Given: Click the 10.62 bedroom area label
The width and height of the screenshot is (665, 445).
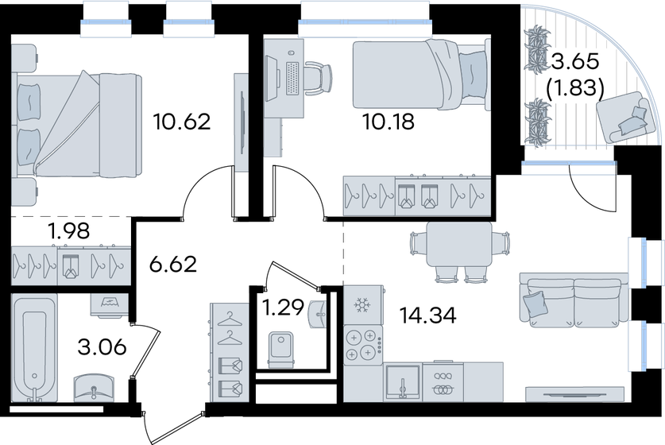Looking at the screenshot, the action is click(x=184, y=122).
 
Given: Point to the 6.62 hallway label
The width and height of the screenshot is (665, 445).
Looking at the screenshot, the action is click(x=172, y=263).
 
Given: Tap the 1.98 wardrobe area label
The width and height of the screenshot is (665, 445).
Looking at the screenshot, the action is click(x=68, y=232).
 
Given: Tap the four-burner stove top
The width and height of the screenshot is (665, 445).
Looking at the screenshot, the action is click(x=362, y=346).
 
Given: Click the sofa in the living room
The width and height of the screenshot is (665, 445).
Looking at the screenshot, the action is click(x=571, y=299).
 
